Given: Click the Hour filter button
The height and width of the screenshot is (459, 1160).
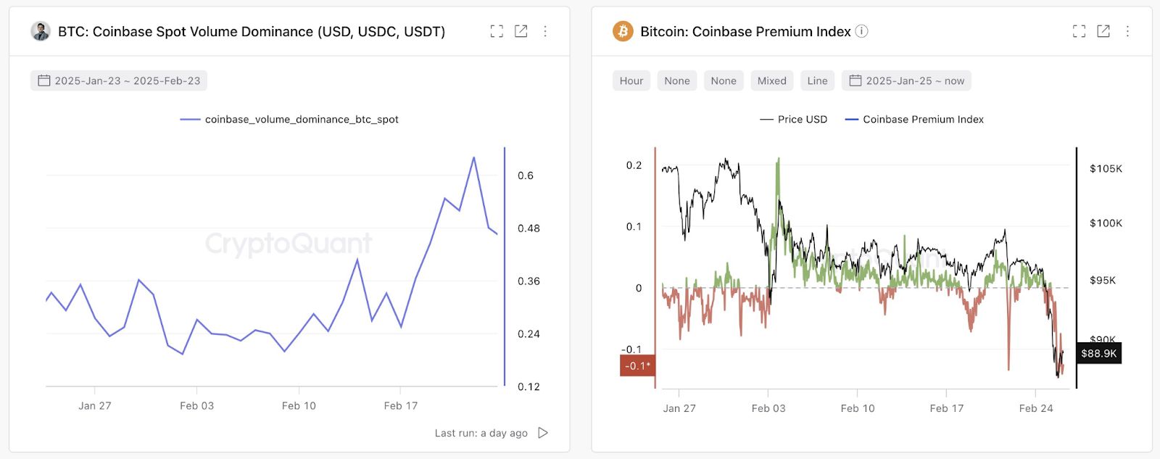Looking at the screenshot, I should coord(631,80).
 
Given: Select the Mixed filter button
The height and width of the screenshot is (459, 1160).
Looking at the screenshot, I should coord(771,80).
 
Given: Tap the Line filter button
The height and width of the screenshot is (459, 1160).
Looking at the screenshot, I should coord(817,80).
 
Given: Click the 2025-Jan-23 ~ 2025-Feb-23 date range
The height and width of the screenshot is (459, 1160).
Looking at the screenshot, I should coord(119,80).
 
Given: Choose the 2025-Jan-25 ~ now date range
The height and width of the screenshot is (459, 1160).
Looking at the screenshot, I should coord(906,80).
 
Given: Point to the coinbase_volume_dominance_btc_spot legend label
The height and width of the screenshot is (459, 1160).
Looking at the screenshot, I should coord(301,120).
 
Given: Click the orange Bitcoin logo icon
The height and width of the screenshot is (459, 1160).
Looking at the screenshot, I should coord(623,31).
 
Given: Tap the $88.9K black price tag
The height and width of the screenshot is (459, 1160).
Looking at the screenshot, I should coord(1098,353).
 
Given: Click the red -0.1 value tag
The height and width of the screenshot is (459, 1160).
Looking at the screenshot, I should coord(637,365).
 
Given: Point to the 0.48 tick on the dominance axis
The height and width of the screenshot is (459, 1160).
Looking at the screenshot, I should coord(529,228).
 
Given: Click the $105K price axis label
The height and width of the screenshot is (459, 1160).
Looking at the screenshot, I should coord(1106,169).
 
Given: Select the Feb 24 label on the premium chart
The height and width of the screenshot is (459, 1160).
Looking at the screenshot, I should coord(1035,408).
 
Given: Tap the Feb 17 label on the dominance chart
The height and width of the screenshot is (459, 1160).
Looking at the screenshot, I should coord(400,406).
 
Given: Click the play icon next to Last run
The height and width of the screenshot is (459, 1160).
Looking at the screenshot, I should coord(543,433).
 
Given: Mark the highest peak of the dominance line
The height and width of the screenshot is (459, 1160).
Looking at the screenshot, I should coord(473,157).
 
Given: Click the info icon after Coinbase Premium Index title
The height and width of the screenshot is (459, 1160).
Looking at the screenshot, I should coord(861,31).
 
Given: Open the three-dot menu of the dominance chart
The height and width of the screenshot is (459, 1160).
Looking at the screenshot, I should coord(545,31).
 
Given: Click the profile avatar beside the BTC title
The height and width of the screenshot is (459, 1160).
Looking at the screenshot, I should coord(41,31).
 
